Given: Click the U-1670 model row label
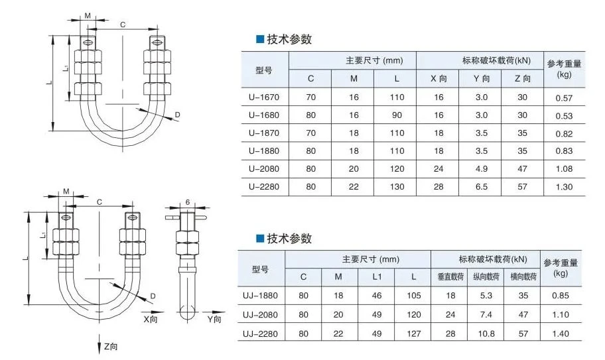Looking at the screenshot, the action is [264, 97].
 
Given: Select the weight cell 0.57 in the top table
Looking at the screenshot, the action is [564, 98].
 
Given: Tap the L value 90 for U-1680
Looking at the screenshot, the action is [397, 115].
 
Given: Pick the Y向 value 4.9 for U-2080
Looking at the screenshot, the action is [482, 169].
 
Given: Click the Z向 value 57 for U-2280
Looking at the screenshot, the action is [522, 187].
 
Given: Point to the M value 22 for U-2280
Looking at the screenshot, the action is [354, 187].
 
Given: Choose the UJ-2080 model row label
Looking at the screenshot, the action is [260, 315].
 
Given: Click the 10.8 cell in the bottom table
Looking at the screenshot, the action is [486, 333].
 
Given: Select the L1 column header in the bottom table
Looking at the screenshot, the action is [377, 276].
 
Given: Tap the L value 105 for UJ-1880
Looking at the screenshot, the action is [414, 296].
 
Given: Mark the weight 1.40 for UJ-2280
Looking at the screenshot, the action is [561, 333].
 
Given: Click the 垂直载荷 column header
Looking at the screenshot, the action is [450, 276].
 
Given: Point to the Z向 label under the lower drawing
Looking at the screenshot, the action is [110, 347].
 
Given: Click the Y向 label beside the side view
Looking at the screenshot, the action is [214, 319].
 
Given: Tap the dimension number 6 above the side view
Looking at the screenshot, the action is [188, 202].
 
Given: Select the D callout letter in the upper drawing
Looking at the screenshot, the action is [178, 115].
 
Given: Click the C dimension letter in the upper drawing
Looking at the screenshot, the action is [123, 25].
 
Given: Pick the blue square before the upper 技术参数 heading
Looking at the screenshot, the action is [259, 39].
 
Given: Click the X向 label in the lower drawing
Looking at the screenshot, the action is [151, 319].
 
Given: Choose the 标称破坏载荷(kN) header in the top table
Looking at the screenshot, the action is [496, 61].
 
